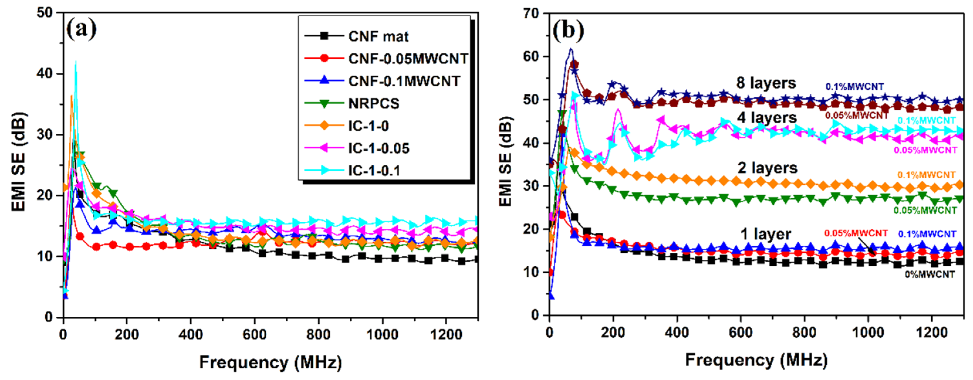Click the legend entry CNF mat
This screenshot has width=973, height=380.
(x=378, y=37)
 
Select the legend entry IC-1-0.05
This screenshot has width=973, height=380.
(x=378, y=148)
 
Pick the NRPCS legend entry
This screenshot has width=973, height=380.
(x=373, y=104)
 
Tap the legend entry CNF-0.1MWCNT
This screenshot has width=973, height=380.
(x=404, y=81)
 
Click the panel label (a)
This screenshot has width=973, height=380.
(x=81, y=29)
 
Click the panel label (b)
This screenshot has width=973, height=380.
(x=568, y=30)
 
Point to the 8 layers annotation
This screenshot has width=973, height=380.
(x=766, y=83)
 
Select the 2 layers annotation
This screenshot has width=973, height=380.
(x=767, y=168)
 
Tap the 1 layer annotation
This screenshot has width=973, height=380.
(x=766, y=234)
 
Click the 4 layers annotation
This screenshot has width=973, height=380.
(x=767, y=118)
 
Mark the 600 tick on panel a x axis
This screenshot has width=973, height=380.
(x=254, y=335)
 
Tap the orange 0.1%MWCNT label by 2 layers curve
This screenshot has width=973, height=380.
(x=926, y=175)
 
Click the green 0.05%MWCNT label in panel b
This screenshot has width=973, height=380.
(x=925, y=211)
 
